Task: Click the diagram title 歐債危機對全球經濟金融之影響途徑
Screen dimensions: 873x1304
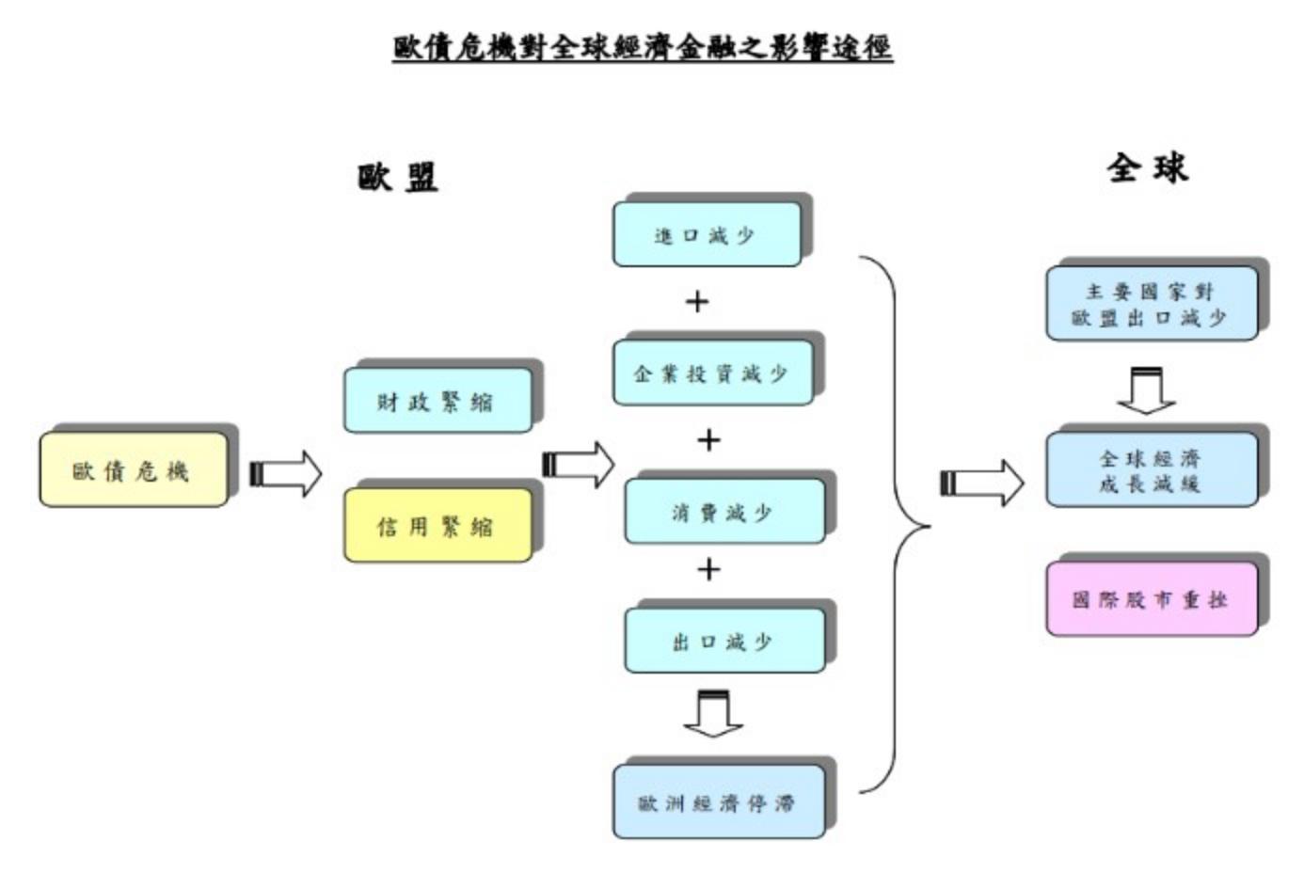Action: click(x=643, y=46)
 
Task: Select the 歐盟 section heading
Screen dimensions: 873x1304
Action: click(x=398, y=176)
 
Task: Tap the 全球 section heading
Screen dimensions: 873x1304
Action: click(x=1147, y=168)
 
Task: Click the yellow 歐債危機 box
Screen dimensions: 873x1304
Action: click(x=133, y=469)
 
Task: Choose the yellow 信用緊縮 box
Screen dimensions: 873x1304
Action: click(x=437, y=525)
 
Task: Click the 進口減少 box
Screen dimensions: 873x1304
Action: click(x=707, y=234)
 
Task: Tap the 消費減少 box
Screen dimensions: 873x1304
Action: click(x=724, y=512)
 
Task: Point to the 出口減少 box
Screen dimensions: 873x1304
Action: click(x=724, y=642)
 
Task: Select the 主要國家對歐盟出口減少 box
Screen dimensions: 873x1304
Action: click(x=1151, y=304)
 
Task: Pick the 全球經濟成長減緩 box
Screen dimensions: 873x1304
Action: click(x=1151, y=470)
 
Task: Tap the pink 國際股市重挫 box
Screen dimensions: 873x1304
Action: click(x=1151, y=599)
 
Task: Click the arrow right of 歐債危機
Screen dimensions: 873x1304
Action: click(x=286, y=473)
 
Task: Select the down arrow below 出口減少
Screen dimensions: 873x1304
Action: click(x=713, y=714)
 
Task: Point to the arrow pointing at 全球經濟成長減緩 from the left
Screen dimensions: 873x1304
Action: click(x=981, y=483)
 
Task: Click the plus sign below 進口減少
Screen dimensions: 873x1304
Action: click(x=697, y=302)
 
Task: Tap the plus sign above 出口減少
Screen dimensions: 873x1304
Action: click(x=708, y=569)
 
